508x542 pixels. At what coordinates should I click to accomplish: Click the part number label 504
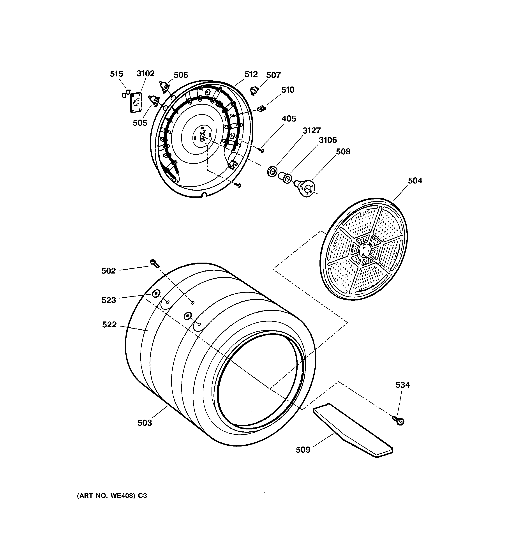(415, 180)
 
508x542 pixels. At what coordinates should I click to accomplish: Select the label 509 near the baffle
(303, 450)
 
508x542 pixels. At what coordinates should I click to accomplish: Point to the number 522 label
(109, 325)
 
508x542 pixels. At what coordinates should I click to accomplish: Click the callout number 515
(116, 74)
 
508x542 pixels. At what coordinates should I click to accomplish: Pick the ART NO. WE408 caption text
(112, 496)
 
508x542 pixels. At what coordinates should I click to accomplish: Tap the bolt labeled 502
(154, 263)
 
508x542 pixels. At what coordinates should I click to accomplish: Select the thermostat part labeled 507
(254, 90)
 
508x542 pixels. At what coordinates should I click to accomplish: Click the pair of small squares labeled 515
(126, 94)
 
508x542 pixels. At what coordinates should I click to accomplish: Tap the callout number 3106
(328, 140)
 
